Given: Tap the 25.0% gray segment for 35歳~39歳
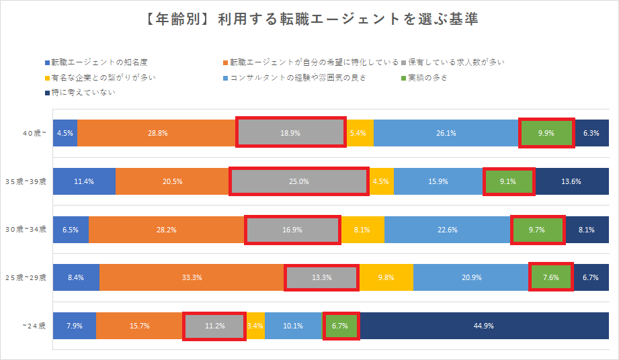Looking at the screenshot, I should (299, 181).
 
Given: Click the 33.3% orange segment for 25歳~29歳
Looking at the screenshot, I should (192, 277).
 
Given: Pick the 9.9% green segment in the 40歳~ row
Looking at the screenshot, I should (546, 133).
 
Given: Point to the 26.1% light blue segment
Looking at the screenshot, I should (446, 133).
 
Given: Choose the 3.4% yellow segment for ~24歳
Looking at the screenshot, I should (255, 326).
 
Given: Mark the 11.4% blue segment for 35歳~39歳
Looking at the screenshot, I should (85, 181).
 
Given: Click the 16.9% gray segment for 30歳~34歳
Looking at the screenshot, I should (292, 229).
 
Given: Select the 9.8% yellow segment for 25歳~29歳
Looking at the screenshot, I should (386, 277).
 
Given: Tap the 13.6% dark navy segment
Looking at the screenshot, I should (571, 181).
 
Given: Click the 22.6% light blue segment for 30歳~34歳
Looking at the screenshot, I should (448, 229).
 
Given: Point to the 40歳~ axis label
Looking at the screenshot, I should (34, 133).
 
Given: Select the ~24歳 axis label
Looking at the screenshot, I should (34, 326).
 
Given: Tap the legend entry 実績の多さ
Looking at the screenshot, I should (427, 77).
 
